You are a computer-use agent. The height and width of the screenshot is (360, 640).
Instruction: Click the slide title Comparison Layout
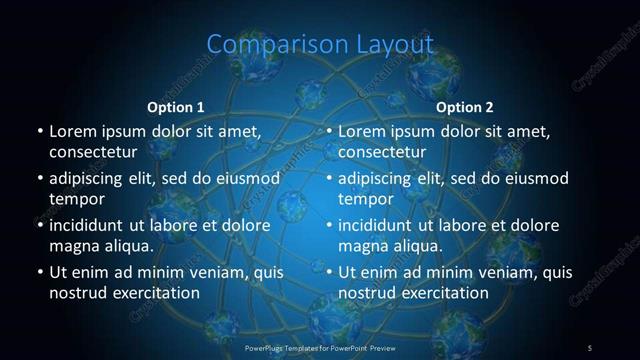[320, 44]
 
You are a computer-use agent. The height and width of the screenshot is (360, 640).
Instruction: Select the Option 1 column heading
[176, 107]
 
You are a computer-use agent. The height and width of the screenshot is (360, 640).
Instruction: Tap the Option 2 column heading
[465, 107]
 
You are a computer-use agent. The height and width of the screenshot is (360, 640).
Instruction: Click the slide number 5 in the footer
[590, 347]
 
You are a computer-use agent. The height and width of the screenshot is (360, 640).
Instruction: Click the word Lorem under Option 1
[72, 131]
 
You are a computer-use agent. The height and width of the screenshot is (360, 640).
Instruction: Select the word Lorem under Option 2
[362, 131]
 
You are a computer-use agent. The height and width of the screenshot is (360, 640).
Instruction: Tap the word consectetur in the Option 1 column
[93, 152]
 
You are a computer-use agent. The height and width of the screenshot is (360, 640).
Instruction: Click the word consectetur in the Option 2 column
[383, 152]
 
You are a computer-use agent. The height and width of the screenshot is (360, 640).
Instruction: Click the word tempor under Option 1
[74, 199]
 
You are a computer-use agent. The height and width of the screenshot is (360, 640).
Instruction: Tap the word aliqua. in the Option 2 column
[417, 246]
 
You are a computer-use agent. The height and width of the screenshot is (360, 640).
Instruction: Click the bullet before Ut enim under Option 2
[329, 272]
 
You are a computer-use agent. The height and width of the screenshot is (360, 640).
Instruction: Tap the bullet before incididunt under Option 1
[39, 225]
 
